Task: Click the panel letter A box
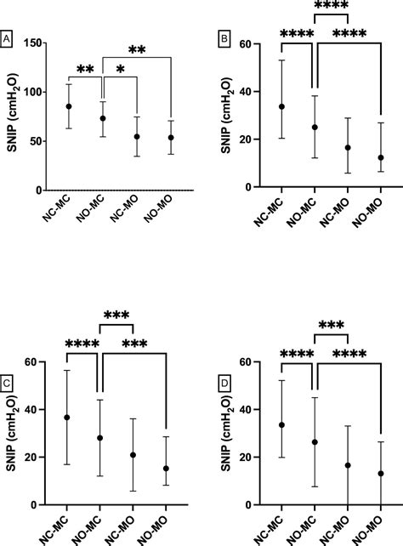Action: point(7,38)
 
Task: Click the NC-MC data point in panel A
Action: point(69,106)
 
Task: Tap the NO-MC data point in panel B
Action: point(315,128)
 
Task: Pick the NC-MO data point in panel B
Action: point(347,148)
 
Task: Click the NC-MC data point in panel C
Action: point(67,418)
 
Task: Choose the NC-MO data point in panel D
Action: point(347,465)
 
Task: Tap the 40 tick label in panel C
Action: point(33,410)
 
